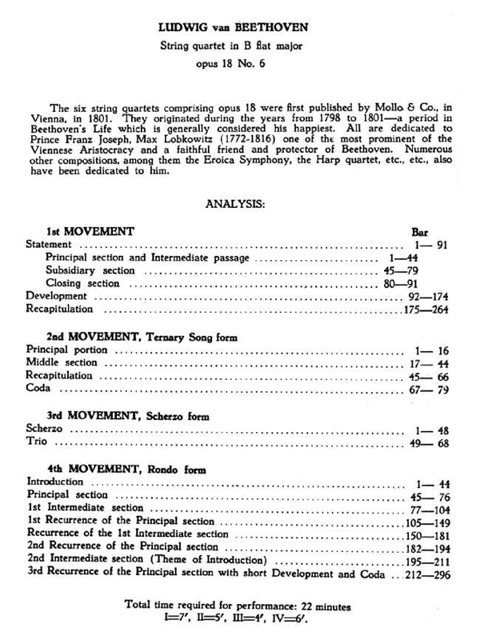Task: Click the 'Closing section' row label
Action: coord(82,283)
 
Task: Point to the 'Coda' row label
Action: coord(38,388)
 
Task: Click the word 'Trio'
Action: coord(38,441)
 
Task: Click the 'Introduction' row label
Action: coord(55,482)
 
